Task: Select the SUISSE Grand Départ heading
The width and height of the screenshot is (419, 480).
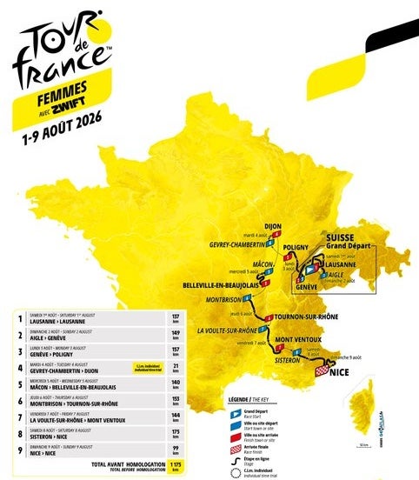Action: pos(347,241)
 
